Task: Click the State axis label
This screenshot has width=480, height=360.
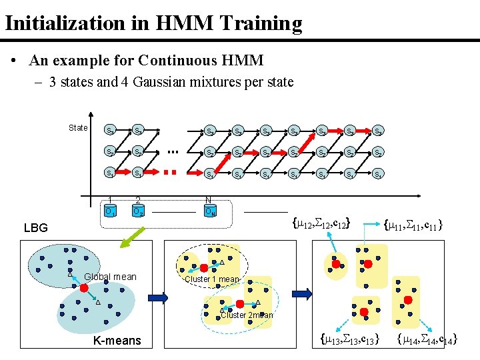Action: coord(78,128)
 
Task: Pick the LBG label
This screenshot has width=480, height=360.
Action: coord(36,228)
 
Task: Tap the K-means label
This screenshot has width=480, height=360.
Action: coord(117,341)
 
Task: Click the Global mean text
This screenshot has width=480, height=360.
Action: coord(111,277)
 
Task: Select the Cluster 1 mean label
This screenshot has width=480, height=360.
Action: coord(211,279)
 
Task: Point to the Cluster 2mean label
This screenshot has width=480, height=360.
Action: coord(247,315)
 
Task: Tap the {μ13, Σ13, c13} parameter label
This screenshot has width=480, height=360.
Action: coord(349,341)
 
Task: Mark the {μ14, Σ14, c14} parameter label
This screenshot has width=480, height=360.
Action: coord(427,341)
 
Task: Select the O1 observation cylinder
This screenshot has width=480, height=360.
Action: coord(109,212)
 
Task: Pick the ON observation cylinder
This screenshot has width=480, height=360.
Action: coord(209,212)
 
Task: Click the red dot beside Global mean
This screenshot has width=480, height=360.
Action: coord(85,289)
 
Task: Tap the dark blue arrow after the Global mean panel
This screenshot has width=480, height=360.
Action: coord(158,297)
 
